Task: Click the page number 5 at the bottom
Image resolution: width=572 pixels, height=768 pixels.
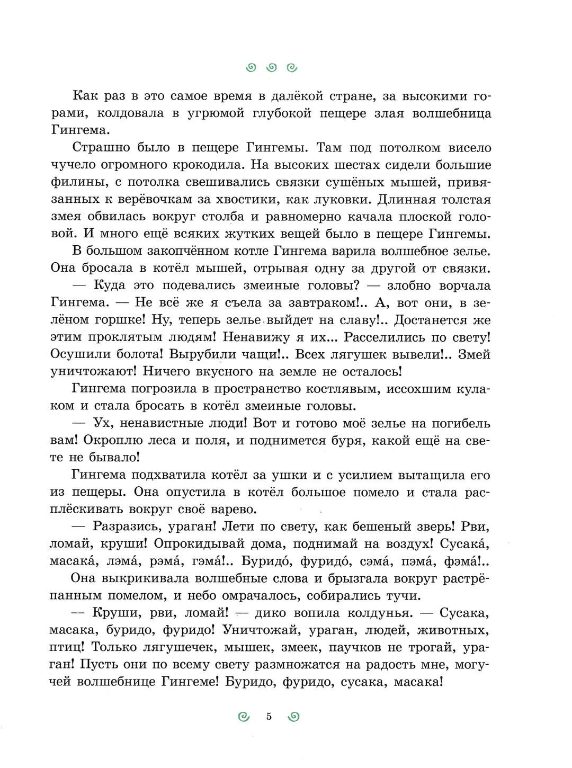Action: [269, 717]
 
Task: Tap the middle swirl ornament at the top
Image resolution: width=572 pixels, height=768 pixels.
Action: [272, 67]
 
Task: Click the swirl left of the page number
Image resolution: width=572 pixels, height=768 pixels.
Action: [244, 717]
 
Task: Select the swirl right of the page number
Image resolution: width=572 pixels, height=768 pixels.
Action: [294, 717]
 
